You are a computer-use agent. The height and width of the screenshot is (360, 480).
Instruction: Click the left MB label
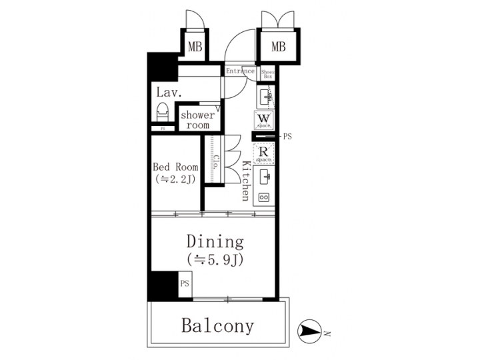194,47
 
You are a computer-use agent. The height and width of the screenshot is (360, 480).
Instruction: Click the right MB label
278,47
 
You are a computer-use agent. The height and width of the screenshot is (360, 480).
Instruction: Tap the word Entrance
240,71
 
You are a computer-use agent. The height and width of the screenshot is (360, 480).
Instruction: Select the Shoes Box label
267,73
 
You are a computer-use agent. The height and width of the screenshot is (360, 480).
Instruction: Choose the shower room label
198,120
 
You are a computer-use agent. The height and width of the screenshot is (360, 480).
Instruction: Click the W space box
263,120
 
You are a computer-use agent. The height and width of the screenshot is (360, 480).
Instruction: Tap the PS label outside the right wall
288,137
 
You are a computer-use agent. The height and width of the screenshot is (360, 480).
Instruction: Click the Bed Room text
175,166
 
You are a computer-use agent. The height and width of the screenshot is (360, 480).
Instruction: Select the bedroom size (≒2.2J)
175,179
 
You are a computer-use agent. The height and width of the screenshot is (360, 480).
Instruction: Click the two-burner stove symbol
263,197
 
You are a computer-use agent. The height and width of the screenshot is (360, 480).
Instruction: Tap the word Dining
215,241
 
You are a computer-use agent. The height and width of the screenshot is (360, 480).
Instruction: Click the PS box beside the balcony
185,283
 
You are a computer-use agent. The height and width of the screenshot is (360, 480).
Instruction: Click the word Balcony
218,326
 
